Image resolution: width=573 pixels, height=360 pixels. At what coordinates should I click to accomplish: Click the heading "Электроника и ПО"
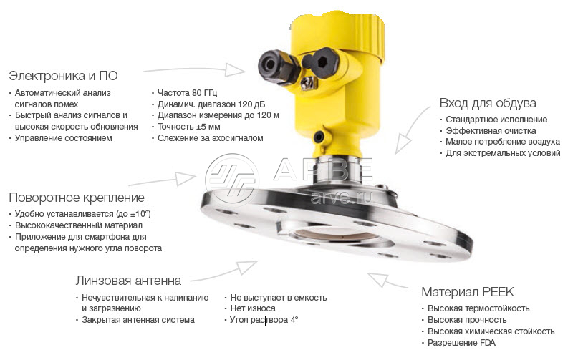pyautogui.click(x=63, y=76)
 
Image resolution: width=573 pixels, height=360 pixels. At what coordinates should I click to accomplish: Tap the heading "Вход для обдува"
pyautogui.click(x=488, y=103)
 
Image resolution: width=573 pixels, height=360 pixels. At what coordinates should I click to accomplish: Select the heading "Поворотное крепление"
pyautogui.click(x=77, y=198)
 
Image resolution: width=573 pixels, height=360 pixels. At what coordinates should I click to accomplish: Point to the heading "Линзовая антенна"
pyautogui.click(x=128, y=281)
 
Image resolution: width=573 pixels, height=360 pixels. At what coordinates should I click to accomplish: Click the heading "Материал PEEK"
pyautogui.click(x=468, y=292)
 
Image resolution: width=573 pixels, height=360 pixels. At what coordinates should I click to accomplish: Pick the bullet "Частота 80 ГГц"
pyautogui.click(x=187, y=93)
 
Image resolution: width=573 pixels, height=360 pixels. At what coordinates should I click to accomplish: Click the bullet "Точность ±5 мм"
pyautogui.click(x=188, y=127)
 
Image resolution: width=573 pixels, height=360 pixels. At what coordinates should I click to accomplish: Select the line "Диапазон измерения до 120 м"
pyautogui.click(x=218, y=115)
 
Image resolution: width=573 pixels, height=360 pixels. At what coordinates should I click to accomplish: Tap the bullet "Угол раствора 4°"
pyautogui.click(x=264, y=320)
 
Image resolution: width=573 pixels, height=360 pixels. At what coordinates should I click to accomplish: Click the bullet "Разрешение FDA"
pyautogui.click(x=461, y=343)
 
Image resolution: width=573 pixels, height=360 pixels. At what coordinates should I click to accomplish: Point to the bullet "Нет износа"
pyautogui.click(x=253, y=308)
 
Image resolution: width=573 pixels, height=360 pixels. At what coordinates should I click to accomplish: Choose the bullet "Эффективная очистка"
pyautogui.click(x=491, y=131)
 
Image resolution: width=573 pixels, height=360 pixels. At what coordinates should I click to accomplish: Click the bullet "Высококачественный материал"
pyautogui.click(x=79, y=225)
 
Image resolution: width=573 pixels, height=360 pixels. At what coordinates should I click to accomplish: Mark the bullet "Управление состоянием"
pyautogui.click(x=63, y=138)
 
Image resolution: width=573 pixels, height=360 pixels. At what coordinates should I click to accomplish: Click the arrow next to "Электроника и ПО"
pyautogui.click(x=193, y=69)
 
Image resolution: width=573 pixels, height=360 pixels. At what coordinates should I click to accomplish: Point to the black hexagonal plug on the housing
pyautogui.click(x=322, y=63)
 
